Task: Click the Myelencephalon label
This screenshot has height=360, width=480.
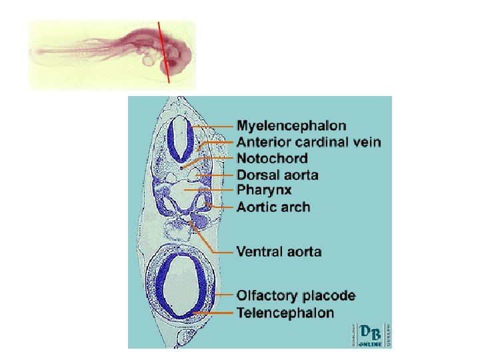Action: [x=292, y=125]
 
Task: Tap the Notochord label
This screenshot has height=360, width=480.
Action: [x=273, y=158]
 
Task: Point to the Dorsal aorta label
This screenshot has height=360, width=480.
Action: [x=278, y=175]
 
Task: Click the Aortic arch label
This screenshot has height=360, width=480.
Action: [x=273, y=207]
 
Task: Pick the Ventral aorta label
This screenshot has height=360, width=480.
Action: [x=279, y=252]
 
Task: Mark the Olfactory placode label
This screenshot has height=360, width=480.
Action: [x=296, y=295]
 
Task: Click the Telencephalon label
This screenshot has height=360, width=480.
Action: [x=286, y=313]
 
